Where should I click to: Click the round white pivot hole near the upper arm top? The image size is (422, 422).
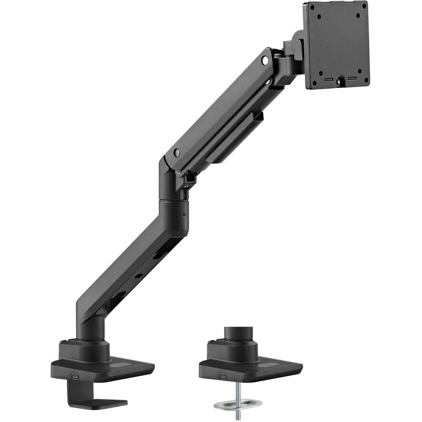(x=265, y=61)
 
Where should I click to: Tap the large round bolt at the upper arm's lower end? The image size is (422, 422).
(x=177, y=153)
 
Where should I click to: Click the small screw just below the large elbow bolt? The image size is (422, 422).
(x=178, y=172)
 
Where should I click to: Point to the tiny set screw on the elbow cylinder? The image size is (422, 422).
(x=184, y=215)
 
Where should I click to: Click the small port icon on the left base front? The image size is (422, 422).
(x=75, y=376)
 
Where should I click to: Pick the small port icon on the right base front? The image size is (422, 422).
(x=223, y=376)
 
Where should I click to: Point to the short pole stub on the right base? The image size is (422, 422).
(x=236, y=333)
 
